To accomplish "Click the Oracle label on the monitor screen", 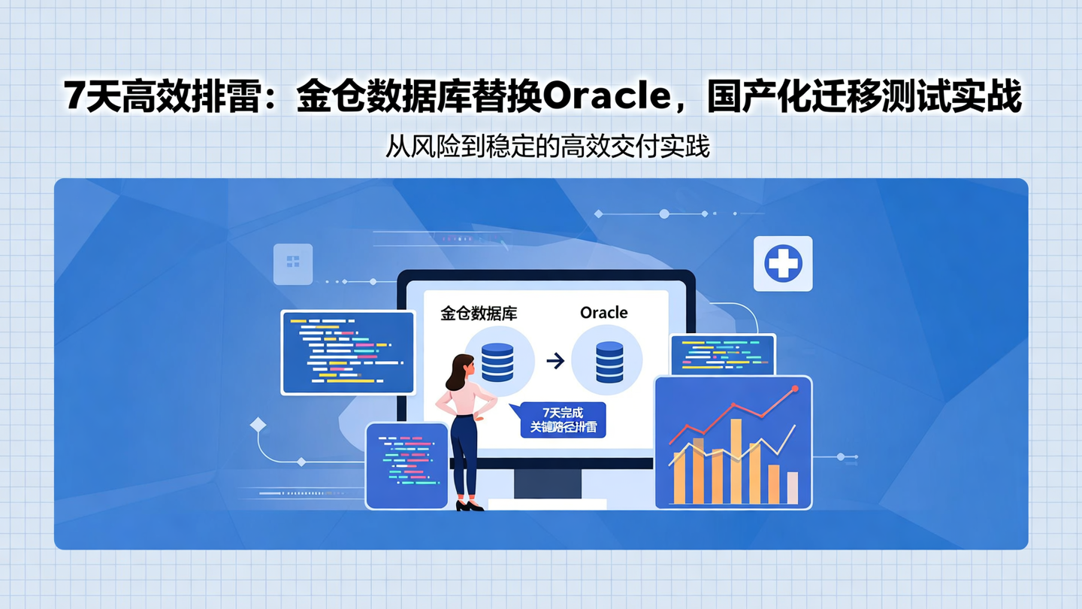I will (603, 313).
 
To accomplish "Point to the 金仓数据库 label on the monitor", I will (478, 313).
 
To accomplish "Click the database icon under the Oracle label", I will (609, 362).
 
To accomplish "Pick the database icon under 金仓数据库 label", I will (497, 362).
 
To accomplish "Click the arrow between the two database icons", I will (555, 362).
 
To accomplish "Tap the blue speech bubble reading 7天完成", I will (563, 420).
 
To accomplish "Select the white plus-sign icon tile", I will (783, 264).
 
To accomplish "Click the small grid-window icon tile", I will (293, 262).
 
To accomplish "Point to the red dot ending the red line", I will (795, 389).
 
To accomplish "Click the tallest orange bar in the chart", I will (736, 461).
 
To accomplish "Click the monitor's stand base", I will (547, 504).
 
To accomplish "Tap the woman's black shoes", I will (470, 506).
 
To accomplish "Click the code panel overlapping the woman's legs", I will (407, 465).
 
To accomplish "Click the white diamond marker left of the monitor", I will (258, 425).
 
